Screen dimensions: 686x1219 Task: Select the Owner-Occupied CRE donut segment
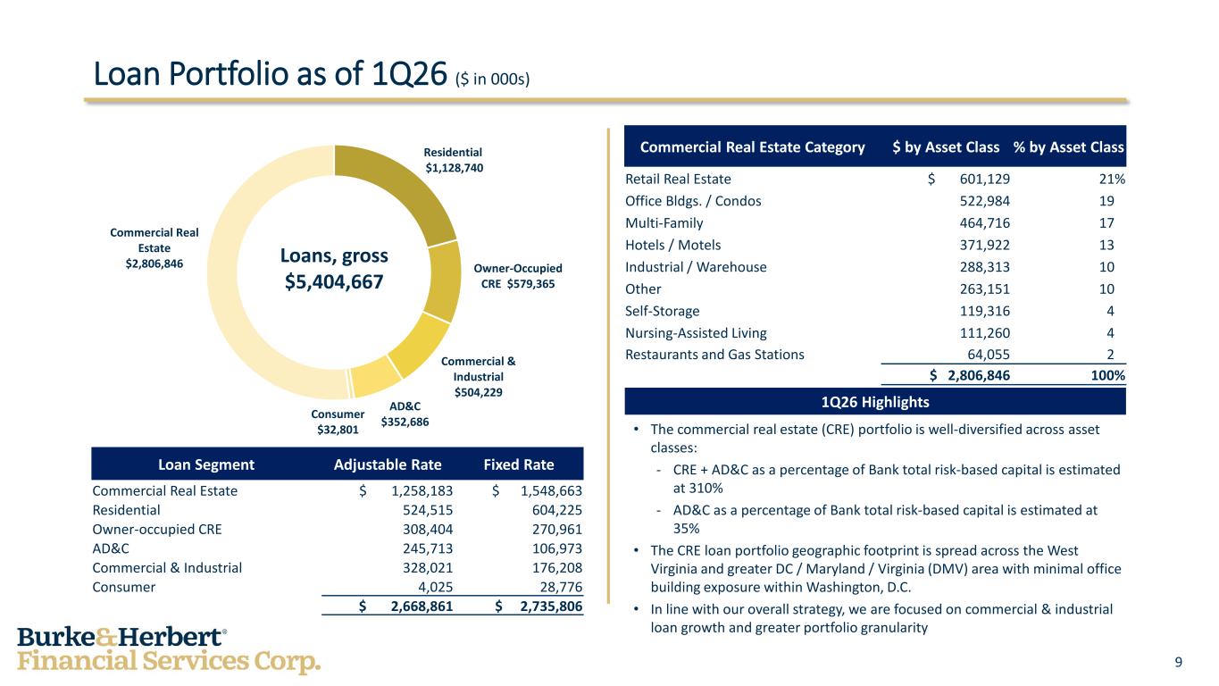click(443, 281)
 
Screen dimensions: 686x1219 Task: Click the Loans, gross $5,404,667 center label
click(334, 269)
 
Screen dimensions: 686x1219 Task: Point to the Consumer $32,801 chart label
click(338, 422)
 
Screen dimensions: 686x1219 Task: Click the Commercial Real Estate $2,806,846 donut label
click(154, 247)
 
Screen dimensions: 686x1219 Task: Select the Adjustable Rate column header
click(386, 464)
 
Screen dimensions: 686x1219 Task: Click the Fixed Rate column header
click(518, 464)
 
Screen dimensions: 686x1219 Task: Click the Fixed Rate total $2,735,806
click(539, 607)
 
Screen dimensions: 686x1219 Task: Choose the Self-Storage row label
click(662, 311)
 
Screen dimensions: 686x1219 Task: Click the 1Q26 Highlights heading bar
click(875, 402)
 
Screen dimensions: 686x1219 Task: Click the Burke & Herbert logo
click(168, 649)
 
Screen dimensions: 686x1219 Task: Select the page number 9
click(1179, 662)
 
